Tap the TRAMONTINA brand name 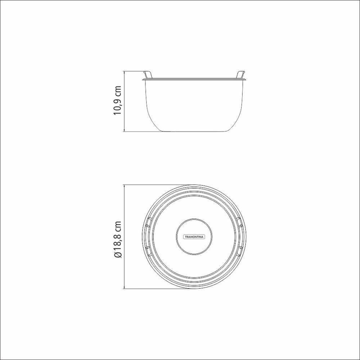point(194,237)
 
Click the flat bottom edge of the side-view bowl point(194,131)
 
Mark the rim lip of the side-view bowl point(194,78)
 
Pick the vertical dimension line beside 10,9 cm point(124,101)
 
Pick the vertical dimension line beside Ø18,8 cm point(124,237)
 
